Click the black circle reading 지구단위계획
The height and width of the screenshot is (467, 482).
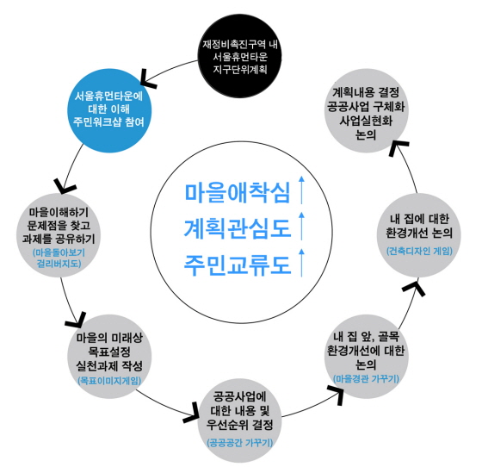[x=239, y=56]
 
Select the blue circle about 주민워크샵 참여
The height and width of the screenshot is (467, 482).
[x=109, y=110]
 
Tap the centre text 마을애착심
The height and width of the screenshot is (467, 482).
[x=238, y=193]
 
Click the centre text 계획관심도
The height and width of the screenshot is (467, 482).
[x=238, y=228]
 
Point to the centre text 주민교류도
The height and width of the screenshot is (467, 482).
[x=238, y=265]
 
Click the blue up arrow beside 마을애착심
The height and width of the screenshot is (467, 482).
[x=301, y=190]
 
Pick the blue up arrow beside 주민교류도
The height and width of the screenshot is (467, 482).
[x=301, y=263]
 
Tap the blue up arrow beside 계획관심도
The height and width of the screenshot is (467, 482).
[x=301, y=226]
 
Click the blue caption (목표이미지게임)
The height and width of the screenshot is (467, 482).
[x=109, y=381]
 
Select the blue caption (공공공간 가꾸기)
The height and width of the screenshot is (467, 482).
[x=240, y=443]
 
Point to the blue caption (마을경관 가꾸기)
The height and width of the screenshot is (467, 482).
[x=366, y=378]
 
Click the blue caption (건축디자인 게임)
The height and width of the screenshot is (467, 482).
[x=419, y=251]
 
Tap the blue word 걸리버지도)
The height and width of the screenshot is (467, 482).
[x=59, y=264]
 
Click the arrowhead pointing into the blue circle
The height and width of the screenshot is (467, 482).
[x=147, y=79]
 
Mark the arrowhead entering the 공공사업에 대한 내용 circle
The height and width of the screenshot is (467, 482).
[x=191, y=414]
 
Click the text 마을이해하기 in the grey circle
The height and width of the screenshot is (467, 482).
[x=59, y=212]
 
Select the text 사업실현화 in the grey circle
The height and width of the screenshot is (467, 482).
[x=366, y=121]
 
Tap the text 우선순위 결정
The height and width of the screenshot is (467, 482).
[x=240, y=425]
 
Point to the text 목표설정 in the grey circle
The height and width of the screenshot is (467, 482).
[x=109, y=352]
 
